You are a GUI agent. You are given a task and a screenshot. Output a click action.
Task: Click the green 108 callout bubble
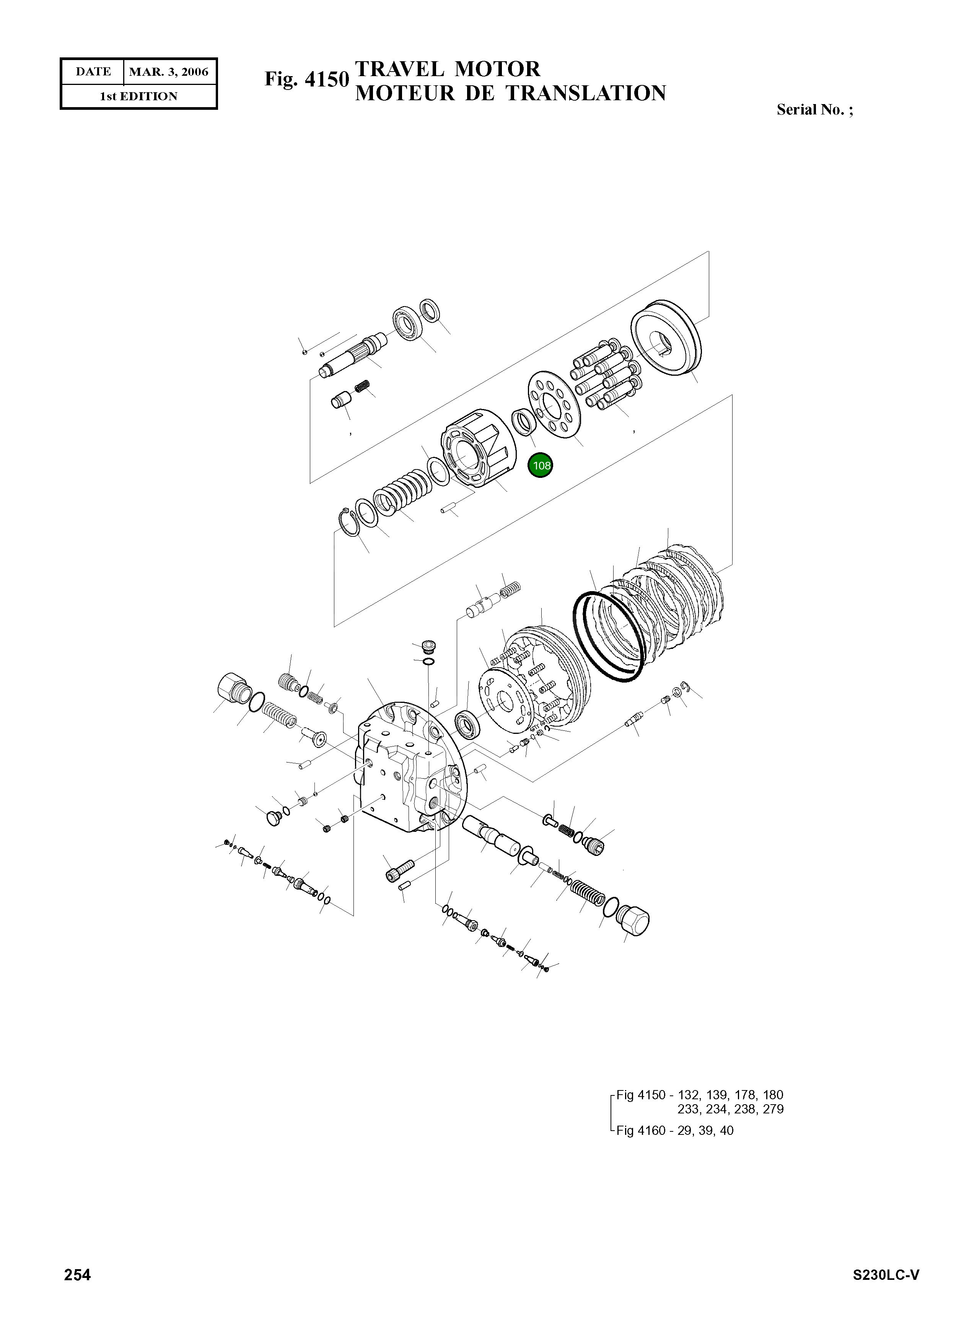tap(540, 466)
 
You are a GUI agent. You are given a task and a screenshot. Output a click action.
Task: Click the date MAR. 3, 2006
tap(169, 72)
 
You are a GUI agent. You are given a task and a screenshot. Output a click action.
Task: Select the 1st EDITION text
tap(138, 96)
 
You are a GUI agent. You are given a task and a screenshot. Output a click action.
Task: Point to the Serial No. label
tap(814, 110)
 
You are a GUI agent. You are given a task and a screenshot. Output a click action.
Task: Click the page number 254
tap(78, 1291)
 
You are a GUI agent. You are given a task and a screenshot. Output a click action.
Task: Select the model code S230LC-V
tap(885, 1292)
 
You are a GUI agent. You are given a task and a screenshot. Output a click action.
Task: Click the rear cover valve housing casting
tap(408, 769)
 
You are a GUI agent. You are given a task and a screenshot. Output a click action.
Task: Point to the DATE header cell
tap(93, 72)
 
